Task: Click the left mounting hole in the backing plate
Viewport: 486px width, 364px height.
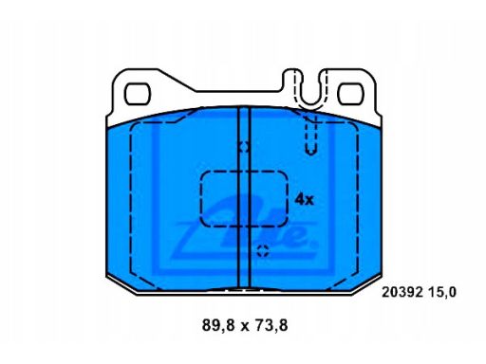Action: coord(140,94)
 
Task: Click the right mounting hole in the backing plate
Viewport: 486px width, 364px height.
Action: coord(351,94)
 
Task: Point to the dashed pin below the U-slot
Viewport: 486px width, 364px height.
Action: coord(310,136)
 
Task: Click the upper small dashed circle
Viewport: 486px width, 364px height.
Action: coord(244,146)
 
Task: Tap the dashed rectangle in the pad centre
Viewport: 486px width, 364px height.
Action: coord(244,200)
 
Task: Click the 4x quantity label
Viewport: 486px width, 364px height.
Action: coord(304,200)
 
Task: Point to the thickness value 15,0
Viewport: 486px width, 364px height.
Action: coord(446,292)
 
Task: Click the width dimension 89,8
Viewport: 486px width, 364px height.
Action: coord(216,325)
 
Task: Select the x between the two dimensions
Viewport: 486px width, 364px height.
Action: coord(243,326)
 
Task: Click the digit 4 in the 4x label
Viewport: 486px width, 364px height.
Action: coord(299,200)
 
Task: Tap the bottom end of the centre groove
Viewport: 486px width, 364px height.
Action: coord(243,284)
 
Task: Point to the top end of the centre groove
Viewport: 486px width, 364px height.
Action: coord(243,108)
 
